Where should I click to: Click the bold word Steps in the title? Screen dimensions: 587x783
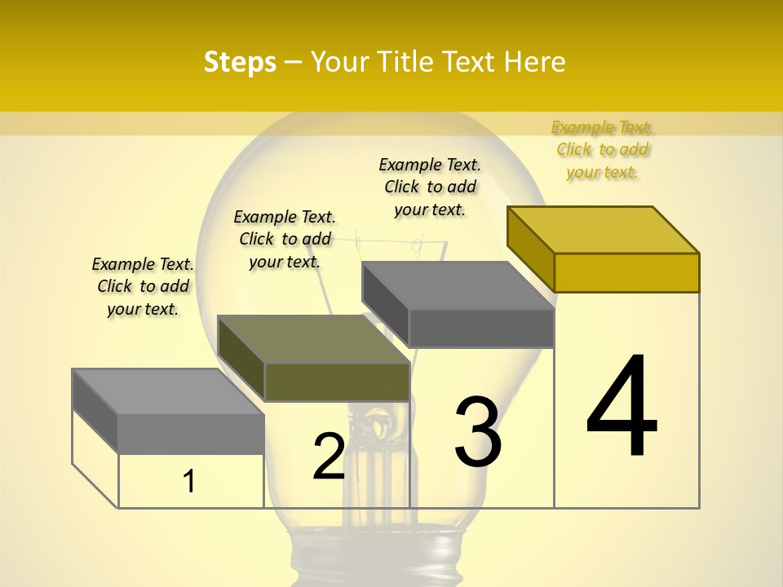(240, 62)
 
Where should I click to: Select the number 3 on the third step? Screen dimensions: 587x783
(478, 432)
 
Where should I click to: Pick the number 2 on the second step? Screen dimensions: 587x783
(329, 456)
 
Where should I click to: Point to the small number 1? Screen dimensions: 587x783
(189, 481)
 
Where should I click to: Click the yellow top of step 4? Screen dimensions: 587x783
(604, 229)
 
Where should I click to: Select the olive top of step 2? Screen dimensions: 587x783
(314, 339)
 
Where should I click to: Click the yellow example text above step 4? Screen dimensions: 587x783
(603, 149)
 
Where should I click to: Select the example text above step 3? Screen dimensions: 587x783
(430, 187)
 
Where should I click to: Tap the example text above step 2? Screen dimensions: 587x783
(285, 239)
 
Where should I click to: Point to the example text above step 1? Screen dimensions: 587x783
(143, 286)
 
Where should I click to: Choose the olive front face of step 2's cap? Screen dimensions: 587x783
(337, 382)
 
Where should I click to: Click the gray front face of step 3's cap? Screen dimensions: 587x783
(481, 329)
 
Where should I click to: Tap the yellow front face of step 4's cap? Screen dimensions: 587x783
(626, 272)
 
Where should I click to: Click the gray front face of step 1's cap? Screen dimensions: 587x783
(191, 434)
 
